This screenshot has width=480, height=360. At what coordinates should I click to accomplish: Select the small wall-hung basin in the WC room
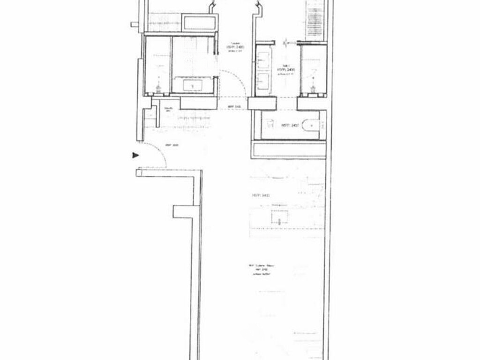click(x=270, y=125)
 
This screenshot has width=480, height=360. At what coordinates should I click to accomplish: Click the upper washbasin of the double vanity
click(x=263, y=60)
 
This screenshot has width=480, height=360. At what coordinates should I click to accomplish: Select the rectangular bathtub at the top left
click(x=200, y=22)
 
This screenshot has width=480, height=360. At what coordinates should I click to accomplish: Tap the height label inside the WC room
click(x=289, y=126)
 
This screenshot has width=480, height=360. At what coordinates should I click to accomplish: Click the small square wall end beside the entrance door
click(x=139, y=172)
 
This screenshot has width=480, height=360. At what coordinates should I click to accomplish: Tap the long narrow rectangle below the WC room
click(x=289, y=150)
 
